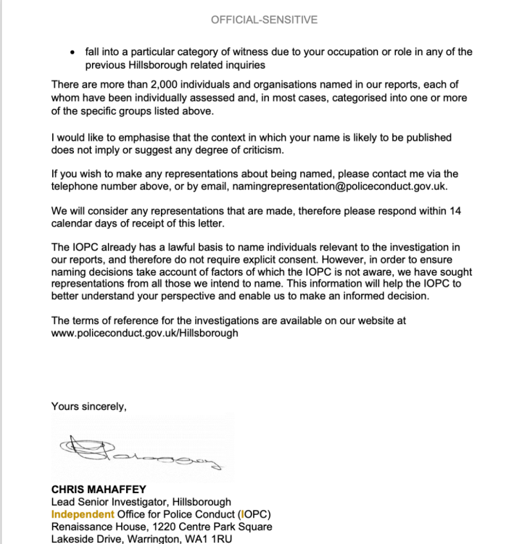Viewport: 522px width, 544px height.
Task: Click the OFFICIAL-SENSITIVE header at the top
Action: (264, 20)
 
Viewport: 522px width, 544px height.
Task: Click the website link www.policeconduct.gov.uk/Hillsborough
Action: (144, 333)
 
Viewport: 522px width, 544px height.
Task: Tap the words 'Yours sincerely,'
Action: (88, 406)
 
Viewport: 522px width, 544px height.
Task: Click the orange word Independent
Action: (82, 514)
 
